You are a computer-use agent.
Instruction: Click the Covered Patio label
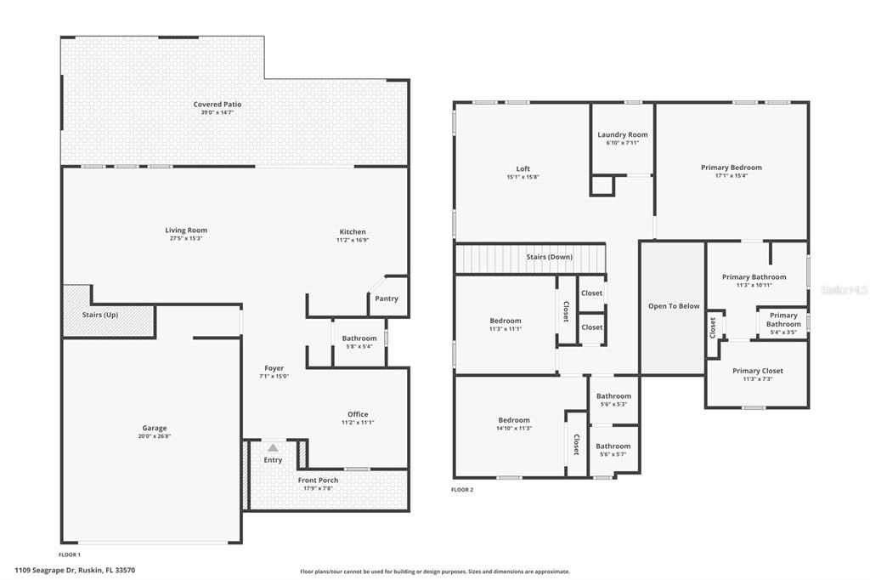217,104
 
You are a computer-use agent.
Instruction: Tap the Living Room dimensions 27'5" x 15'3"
186,238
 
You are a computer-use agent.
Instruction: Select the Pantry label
387,299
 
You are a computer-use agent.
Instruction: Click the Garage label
155,428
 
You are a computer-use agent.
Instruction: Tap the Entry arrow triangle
273,447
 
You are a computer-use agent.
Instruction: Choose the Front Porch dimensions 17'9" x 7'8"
318,488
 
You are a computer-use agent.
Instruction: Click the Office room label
358,414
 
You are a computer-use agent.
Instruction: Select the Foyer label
274,367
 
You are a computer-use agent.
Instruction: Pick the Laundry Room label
623,134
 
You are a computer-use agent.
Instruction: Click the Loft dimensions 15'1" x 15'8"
523,177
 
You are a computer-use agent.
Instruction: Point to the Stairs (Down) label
550,257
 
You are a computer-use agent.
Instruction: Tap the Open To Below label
674,306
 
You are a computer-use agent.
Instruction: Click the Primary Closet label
757,371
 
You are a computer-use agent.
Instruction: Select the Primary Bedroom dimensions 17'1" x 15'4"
732,175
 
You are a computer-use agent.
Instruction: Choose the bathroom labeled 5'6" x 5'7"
613,449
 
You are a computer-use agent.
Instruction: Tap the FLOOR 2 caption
462,490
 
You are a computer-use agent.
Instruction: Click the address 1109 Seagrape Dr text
45,570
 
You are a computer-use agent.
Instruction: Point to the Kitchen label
353,231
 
